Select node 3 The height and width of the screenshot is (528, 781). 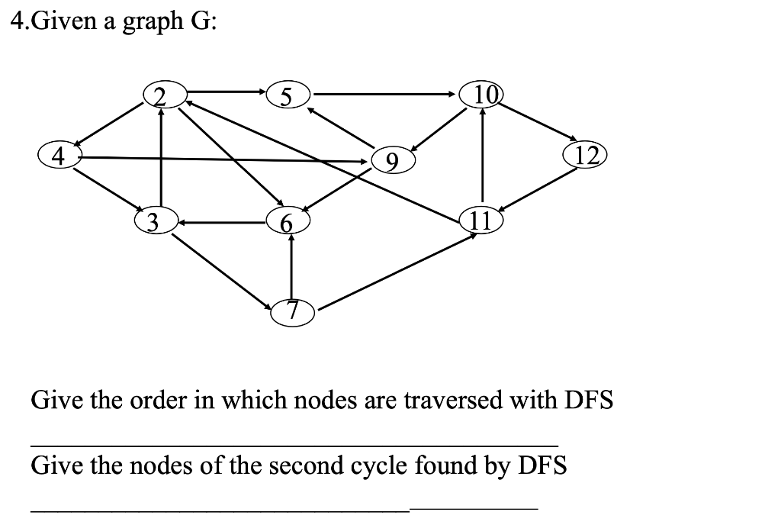(x=153, y=222)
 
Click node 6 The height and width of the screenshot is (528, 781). (x=286, y=222)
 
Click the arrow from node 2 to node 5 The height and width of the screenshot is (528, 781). (x=221, y=93)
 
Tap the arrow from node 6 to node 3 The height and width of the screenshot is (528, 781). (x=221, y=223)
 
